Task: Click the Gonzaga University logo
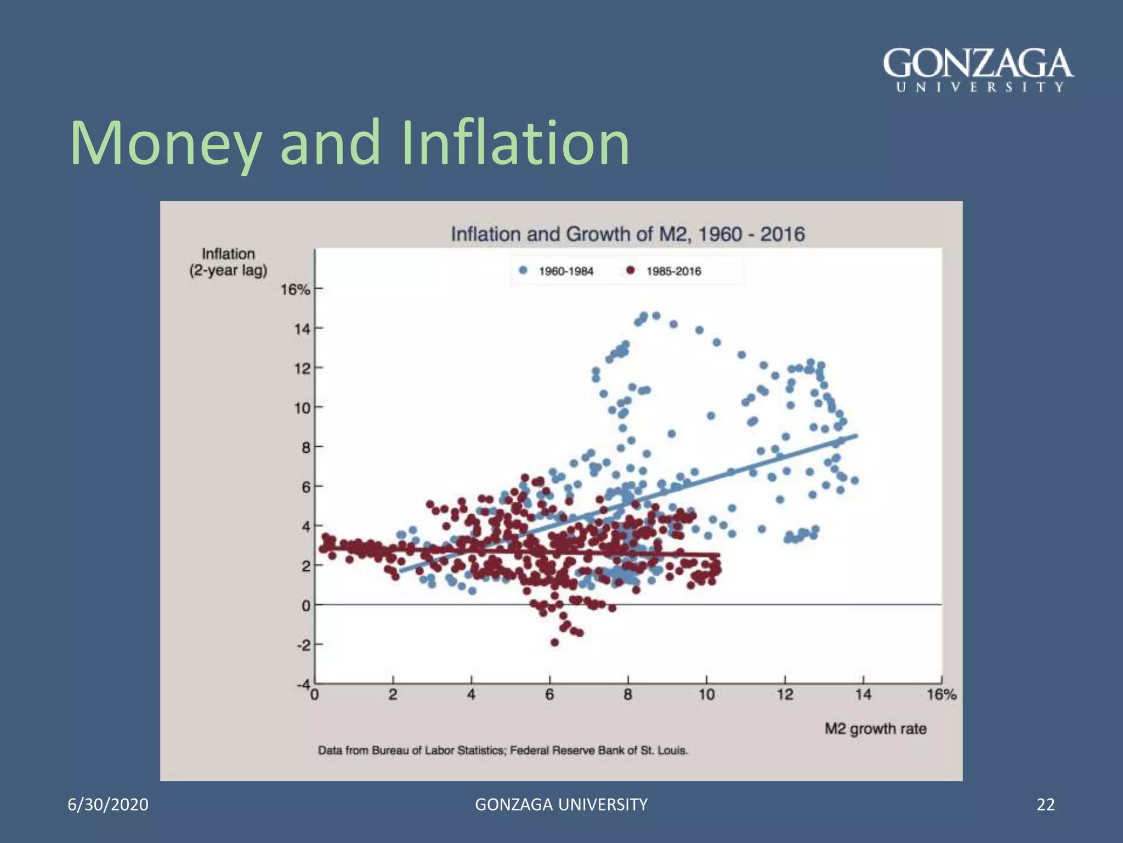978,70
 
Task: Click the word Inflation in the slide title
515,143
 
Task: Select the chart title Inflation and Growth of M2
627,234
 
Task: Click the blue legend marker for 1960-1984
523,271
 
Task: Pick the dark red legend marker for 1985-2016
631,271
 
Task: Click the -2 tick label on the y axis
303,645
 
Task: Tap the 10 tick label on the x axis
706,695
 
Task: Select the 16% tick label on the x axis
941,695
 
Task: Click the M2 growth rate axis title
875,729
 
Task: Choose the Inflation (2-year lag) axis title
228,262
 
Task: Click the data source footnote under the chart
503,750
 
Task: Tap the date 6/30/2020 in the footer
108,805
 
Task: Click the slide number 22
1046,805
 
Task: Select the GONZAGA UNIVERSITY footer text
561,805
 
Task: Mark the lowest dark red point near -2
554,642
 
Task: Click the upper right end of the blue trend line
855,436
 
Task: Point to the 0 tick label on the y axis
305,605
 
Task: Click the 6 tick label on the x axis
549,695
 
